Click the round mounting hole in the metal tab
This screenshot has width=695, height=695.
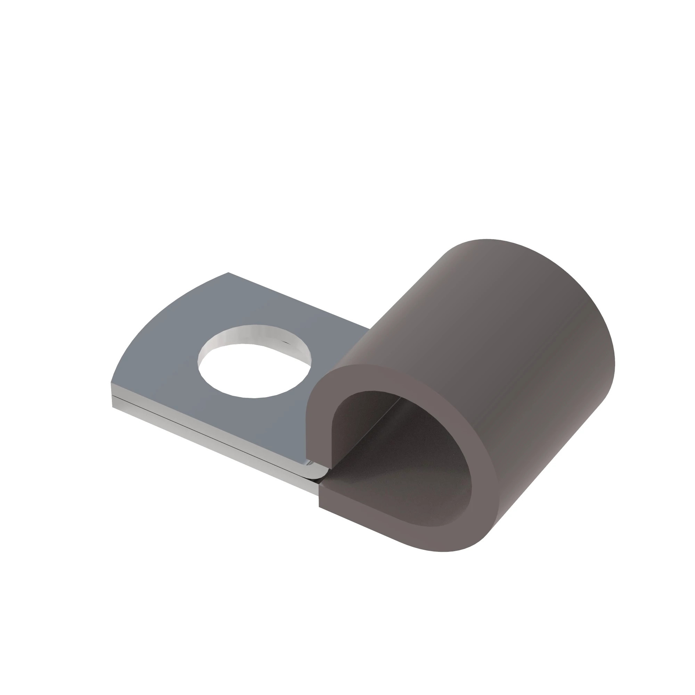click(x=254, y=370)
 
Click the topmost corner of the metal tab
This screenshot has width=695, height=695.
click(x=228, y=273)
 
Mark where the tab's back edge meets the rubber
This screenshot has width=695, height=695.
click(x=369, y=328)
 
